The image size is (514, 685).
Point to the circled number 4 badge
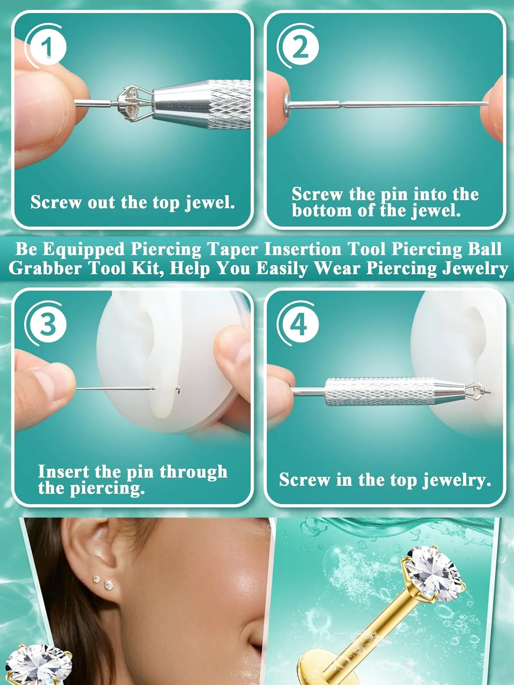[x=299, y=324]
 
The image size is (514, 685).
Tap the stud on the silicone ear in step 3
[x=178, y=388]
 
